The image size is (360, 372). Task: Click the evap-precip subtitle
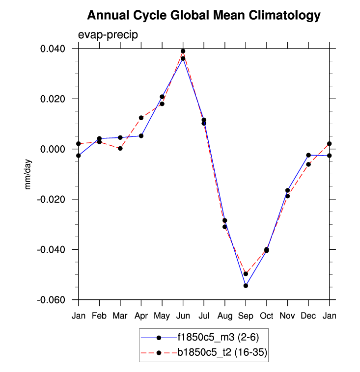pyautogui.click(x=108, y=35)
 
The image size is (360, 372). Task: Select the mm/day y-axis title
pyautogui.click(x=28, y=174)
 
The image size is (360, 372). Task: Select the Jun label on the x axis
pyautogui.click(x=183, y=316)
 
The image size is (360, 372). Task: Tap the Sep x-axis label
pyautogui.click(x=246, y=316)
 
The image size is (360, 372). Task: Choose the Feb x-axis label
pyautogui.click(x=99, y=316)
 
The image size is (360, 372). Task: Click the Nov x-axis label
pyautogui.click(x=287, y=316)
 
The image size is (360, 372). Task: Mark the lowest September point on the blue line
pyautogui.click(x=246, y=286)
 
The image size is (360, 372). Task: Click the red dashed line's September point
pyautogui.click(x=246, y=274)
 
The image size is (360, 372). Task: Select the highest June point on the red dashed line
pyautogui.click(x=183, y=51)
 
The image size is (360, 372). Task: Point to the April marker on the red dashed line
pyautogui.click(x=141, y=118)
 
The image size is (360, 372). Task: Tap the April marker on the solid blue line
pyautogui.click(x=141, y=136)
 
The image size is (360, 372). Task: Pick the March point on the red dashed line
pyautogui.click(x=120, y=148)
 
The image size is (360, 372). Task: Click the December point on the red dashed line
pyautogui.click(x=308, y=164)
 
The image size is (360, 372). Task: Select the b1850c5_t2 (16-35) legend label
pyautogui.click(x=222, y=352)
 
